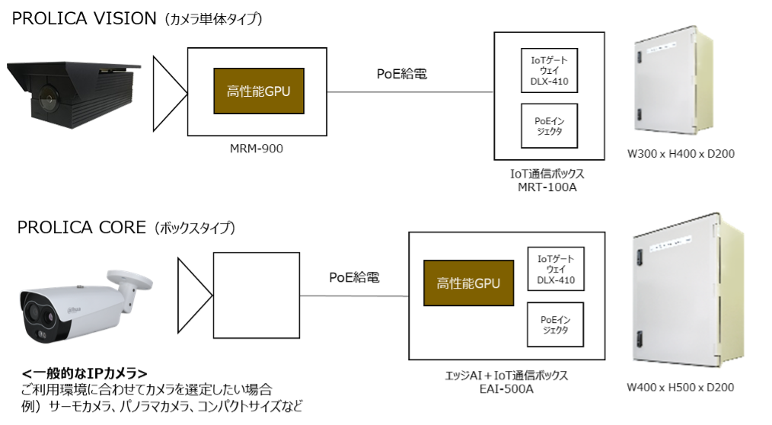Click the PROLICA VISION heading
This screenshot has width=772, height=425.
point(84,19)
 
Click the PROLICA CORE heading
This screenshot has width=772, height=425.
point(79,228)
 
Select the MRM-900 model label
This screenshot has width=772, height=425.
point(256,149)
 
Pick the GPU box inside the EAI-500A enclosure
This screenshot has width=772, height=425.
point(468,284)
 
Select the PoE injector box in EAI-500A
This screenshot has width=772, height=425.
point(556,324)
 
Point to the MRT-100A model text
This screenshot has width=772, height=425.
point(548,187)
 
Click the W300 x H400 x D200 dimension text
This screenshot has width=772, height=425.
point(680,154)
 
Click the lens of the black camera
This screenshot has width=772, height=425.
point(44,98)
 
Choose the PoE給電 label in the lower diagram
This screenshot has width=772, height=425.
point(354,277)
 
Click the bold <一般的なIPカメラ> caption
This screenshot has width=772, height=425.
point(85,373)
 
